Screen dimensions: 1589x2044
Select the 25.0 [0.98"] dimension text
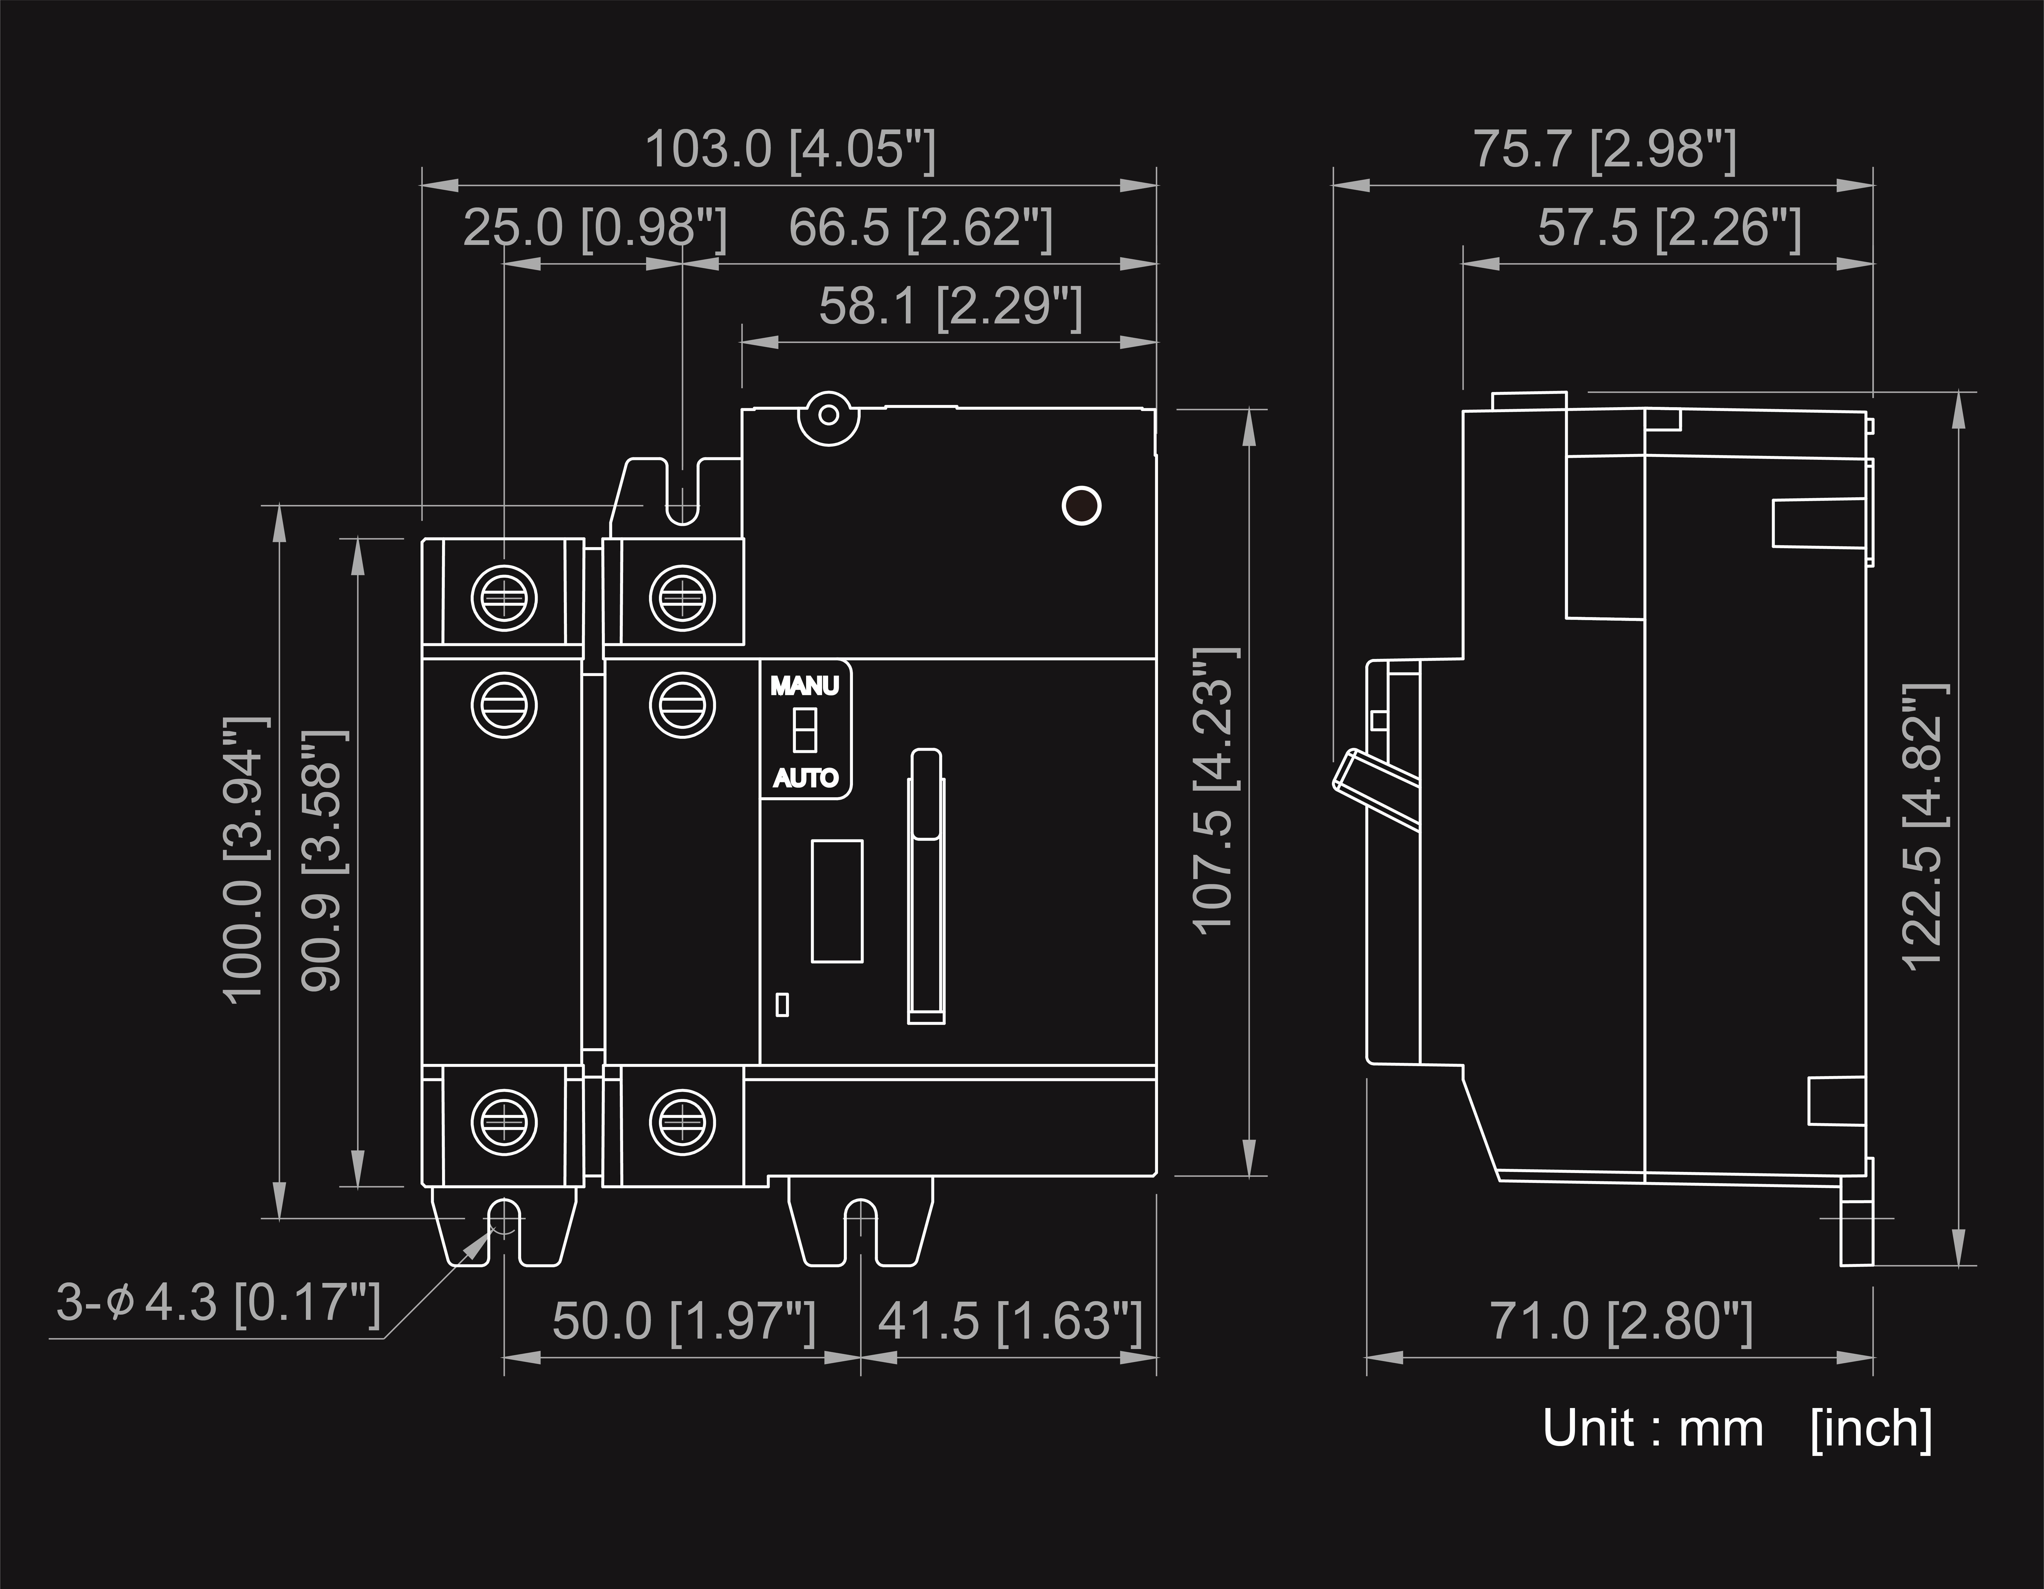pyautogui.click(x=594, y=228)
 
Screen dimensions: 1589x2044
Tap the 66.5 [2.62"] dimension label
pyautogui.click(x=920, y=228)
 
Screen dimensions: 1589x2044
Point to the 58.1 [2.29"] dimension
pyautogui.click(x=950, y=307)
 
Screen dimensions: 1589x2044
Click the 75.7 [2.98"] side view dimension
pyautogui.click(x=1604, y=150)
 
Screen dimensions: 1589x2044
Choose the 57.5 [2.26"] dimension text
pyautogui.click(x=1669, y=228)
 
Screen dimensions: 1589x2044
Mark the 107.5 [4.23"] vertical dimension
pyautogui.click(x=1215, y=789)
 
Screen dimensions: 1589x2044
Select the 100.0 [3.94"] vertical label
pyautogui.click(x=245, y=859)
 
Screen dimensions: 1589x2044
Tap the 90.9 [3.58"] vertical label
pyautogui.click(x=324, y=859)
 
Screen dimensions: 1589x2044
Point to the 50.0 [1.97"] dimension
pyautogui.click(x=683, y=1321)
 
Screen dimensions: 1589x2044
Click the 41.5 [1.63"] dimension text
pyautogui.click(x=1010, y=1321)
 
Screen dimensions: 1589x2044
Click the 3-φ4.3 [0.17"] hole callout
pyautogui.click(x=218, y=1303)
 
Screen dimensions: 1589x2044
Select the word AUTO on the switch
pyautogui.click(x=805, y=778)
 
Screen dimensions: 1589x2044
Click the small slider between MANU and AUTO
pyautogui.click(x=804, y=731)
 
